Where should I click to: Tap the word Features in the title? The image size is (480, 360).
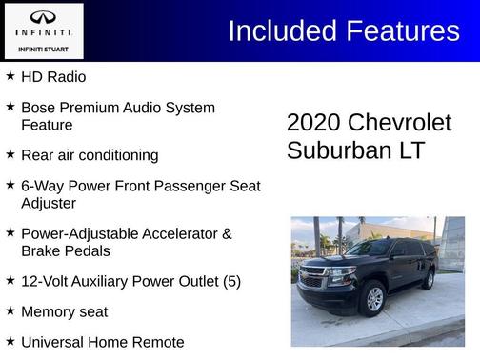(x=401, y=30)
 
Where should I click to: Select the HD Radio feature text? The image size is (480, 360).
(x=53, y=76)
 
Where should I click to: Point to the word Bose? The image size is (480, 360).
(x=38, y=108)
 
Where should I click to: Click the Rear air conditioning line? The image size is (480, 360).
(x=90, y=154)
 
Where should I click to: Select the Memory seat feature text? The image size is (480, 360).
(x=64, y=311)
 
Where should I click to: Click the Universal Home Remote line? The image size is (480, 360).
(x=102, y=341)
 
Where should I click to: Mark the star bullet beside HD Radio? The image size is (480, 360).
(x=10, y=75)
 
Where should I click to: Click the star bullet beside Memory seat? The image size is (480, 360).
(x=10, y=310)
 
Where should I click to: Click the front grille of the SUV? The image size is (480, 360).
(x=312, y=280)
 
